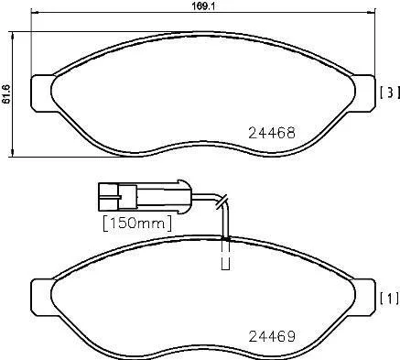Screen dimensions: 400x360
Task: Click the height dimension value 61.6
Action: click(x=6, y=94)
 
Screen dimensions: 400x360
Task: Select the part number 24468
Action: click(x=272, y=133)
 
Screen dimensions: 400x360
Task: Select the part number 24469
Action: click(x=272, y=336)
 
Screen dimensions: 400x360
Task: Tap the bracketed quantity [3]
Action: click(x=390, y=93)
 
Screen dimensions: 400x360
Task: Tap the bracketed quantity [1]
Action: click(x=390, y=299)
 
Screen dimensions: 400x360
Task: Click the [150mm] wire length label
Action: click(x=137, y=224)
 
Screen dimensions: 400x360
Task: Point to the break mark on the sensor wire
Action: click(x=222, y=202)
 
